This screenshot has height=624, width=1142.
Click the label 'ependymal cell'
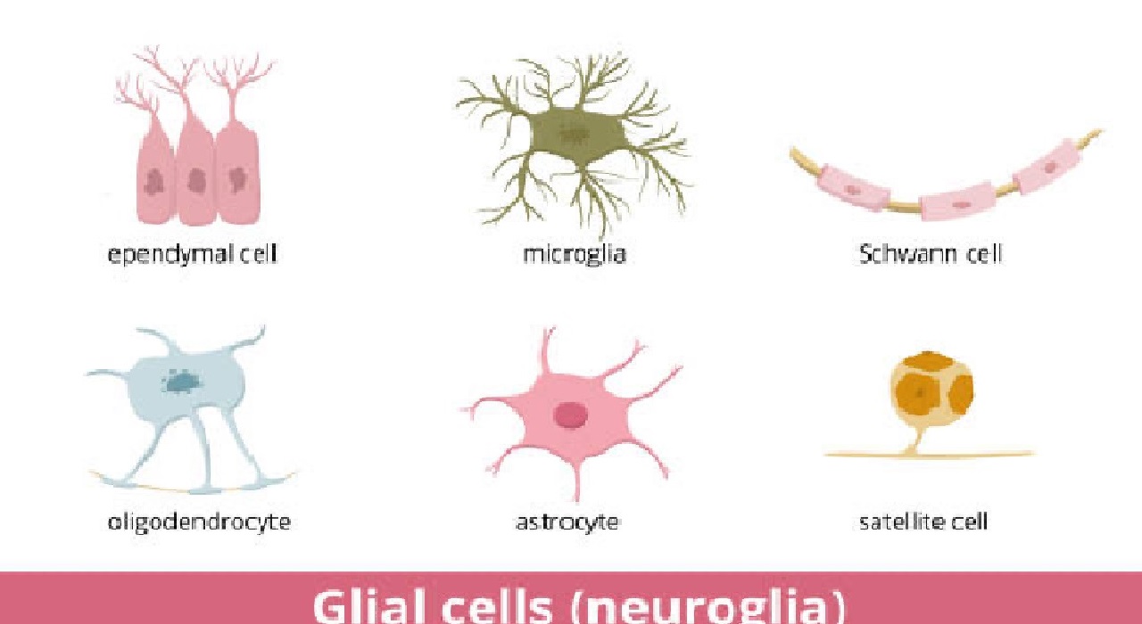[x=192, y=255]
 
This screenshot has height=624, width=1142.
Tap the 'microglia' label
[x=575, y=255]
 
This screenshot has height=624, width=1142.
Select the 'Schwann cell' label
[x=931, y=254]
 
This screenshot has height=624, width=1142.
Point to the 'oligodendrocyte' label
[x=199, y=522]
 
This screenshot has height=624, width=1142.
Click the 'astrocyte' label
[x=567, y=522]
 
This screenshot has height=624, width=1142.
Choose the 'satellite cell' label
[x=923, y=521]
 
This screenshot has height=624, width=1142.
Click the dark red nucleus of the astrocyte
[x=570, y=415]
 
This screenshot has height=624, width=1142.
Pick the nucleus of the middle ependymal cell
[x=195, y=180]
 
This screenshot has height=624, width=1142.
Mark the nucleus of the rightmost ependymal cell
[x=236, y=179]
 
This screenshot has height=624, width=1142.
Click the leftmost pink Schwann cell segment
[x=854, y=188]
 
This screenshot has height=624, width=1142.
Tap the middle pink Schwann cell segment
[x=958, y=201]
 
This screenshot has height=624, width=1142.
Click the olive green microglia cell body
[x=576, y=136]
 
